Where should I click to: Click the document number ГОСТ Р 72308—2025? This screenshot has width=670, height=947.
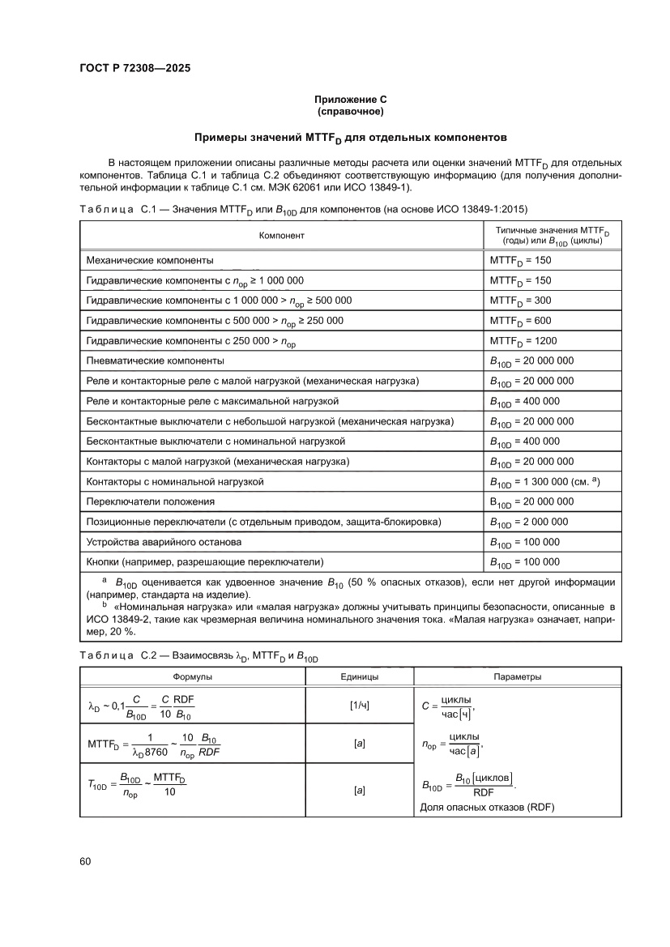(x=135, y=68)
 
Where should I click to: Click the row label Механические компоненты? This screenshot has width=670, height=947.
(x=150, y=260)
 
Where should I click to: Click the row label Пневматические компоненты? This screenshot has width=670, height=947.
(x=155, y=360)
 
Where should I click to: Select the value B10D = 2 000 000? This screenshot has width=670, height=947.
(x=529, y=522)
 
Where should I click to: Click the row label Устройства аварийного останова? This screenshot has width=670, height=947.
(x=164, y=541)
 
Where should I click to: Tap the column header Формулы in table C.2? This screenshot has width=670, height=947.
(x=192, y=676)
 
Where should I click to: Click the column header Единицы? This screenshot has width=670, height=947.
(x=359, y=676)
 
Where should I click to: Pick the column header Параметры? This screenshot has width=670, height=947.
(x=518, y=676)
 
